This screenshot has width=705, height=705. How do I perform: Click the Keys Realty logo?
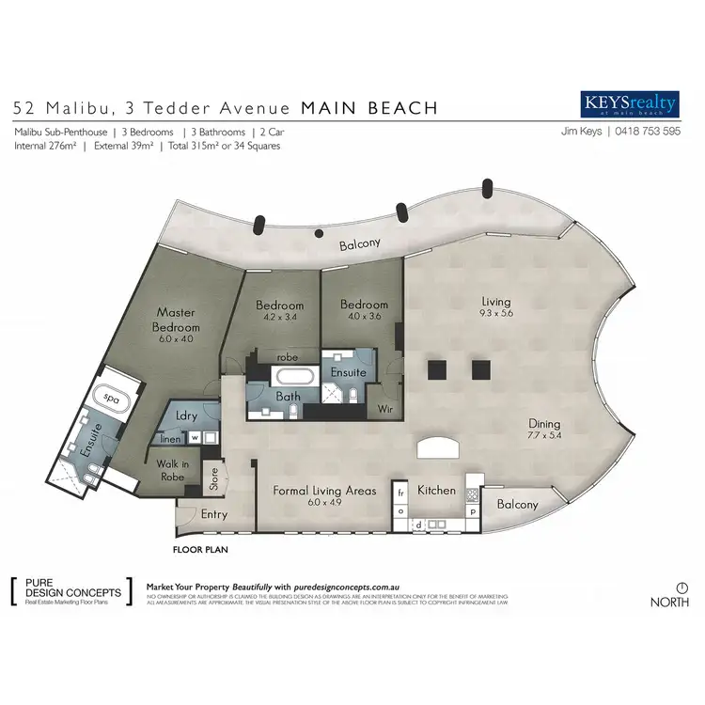click(629, 102)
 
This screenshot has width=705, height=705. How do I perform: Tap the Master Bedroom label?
click(175, 319)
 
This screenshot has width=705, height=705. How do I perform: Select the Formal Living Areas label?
click(323, 491)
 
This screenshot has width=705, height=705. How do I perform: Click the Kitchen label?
click(436, 490)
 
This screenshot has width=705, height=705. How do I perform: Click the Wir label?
click(385, 409)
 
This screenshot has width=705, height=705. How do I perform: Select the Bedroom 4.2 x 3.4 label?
click(281, 306)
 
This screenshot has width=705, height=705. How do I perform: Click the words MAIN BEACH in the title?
click(368, 108)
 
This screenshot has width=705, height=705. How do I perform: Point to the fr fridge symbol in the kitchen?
click(400, 493)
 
